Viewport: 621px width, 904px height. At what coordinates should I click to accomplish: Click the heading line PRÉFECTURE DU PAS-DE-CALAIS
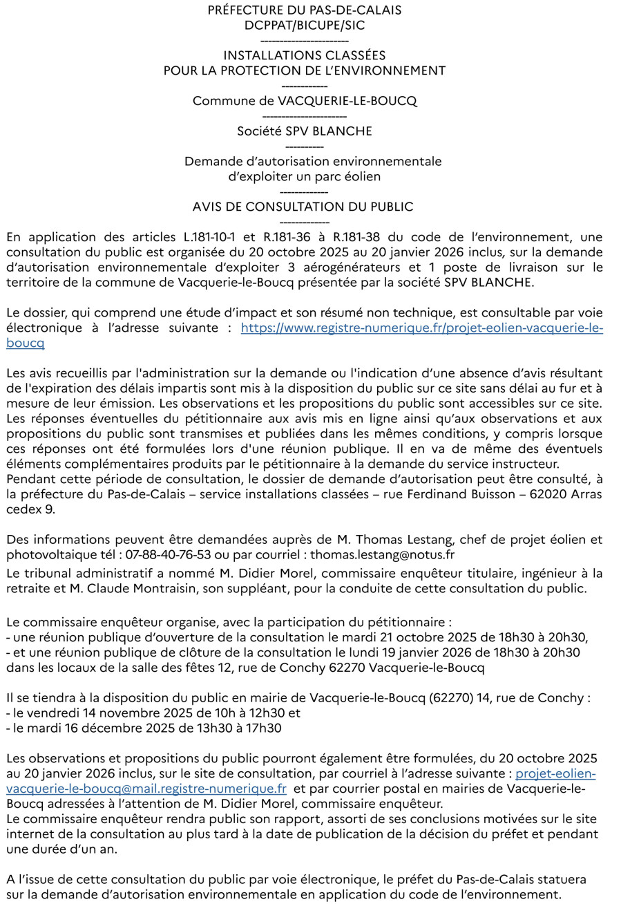pyautogui.click(x=305, y=10)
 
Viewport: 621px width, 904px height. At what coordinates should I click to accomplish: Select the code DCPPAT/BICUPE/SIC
pyautogui.click(x=305, y=26)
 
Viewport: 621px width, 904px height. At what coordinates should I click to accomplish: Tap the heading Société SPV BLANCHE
pyautogui.click(x=305, y=131)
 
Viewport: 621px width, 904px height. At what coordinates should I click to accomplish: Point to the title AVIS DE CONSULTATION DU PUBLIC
pyautogui.click(x=303, y=206)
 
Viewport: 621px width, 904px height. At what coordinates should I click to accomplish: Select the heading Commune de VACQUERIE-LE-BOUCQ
pyautogui.click(x=305, y=100)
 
